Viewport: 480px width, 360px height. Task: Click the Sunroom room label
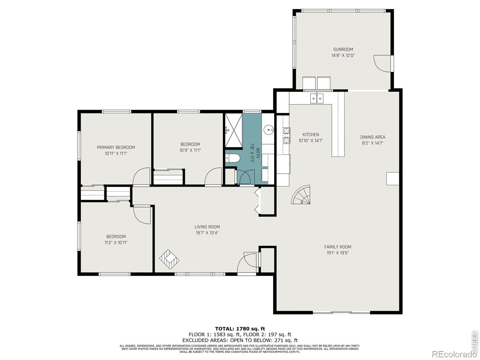pyautogui.click(x=343, y=49)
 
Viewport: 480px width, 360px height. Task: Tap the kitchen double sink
pyautogui.click(x=316, y=98)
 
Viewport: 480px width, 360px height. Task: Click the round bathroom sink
pyautogui.click(x=268, y=130)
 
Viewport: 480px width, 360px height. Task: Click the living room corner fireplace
pyautogui.click(x=169, y=259)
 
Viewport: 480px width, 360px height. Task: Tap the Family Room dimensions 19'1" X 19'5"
pyautogui.click(x=337, y=253)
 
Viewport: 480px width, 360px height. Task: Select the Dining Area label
pyautogui.click(x=373, y=137)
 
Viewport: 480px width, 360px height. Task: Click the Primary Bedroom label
pyautogui.click(x=116, y=147)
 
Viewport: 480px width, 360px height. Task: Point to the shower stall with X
pyautogui.click(x=234, y=130)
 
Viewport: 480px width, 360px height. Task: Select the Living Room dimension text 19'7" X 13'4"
pyautogui.click(x=207, y=233)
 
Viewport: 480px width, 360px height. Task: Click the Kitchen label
pyautogui.click(x=310, y=134)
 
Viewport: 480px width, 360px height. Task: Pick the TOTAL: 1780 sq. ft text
pyautogui.click(x=240, y=328)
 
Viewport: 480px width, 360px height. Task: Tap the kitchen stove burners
pyautogui.click(x=286, y=135)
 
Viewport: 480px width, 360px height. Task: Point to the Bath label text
pyautogui.click(x=258, y=153)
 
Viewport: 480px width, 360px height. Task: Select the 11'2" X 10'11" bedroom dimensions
pyautogui.click(x=116, y=242)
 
